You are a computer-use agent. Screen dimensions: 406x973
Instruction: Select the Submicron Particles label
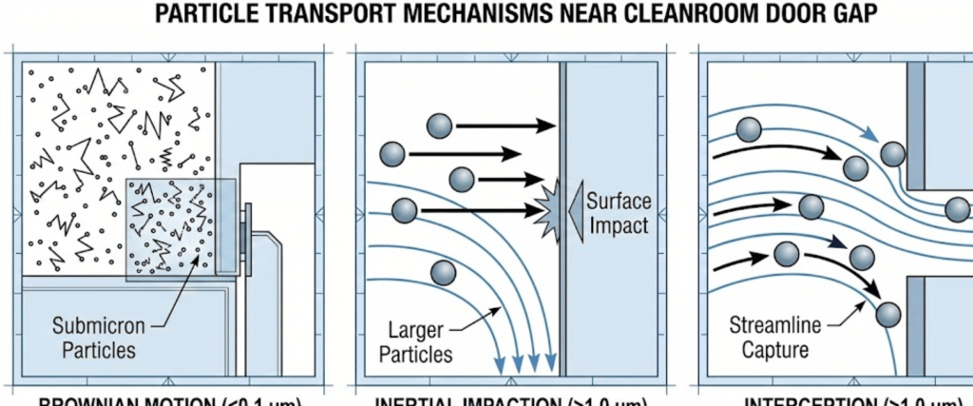tap(99, 338)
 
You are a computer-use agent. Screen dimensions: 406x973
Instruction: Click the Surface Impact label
tap(617, 213)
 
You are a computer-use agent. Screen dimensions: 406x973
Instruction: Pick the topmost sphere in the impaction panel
tap(439, 126)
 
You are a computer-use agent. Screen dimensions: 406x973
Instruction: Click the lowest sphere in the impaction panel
tap(443, 274)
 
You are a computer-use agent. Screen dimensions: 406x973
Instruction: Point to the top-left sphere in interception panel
tap(749, 130)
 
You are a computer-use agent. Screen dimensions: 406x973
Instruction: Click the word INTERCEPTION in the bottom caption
tap(813, 400)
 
